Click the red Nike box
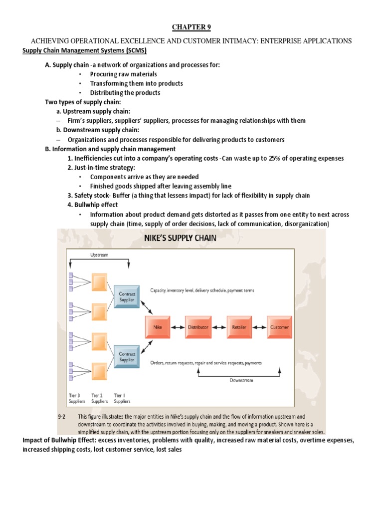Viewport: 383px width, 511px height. [x=157, y=327]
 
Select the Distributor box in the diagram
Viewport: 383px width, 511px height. [x=198, y=327]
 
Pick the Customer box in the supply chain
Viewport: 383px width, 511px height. [x=279, y=327]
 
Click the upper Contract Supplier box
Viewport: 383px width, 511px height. [x=127, y=297]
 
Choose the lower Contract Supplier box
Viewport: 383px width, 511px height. [x=127, y=357]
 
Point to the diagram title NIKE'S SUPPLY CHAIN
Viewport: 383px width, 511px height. [x=180, y=238]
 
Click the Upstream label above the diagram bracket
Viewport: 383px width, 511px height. [x=99, y=255]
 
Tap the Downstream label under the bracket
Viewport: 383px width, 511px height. [x=242, y=380]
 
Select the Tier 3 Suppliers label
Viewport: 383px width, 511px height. [x=77, y=398]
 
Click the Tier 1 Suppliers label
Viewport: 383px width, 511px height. [x=122, y=398]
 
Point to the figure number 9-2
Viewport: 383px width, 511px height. [x=63, y=416]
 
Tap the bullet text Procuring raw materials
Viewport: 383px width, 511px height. [x=123, y=74]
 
